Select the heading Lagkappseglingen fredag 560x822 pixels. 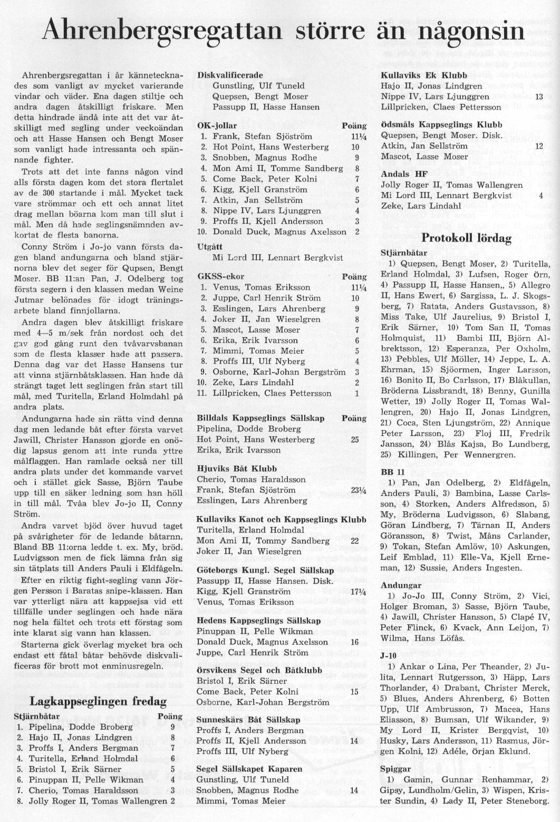pyautogui.click(x=99, y=701)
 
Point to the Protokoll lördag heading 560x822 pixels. pyautogui.click(x=467, y=238)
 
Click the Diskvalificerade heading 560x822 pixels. pyautogui.click(x=230, y=75)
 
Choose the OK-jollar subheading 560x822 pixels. pyautogui.click(x=217, y=126)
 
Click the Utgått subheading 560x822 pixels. pyautogui.click(x=209, y=247)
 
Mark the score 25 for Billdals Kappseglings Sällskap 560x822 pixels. pyautogui.click(x=355, y=439)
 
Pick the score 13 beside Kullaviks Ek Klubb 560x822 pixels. pyautogui.click(x=539, y=97)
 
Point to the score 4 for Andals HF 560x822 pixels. pyautogui.click(x=540, y=196)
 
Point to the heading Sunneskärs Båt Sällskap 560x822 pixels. pyautogui.click(x=248, y=720)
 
